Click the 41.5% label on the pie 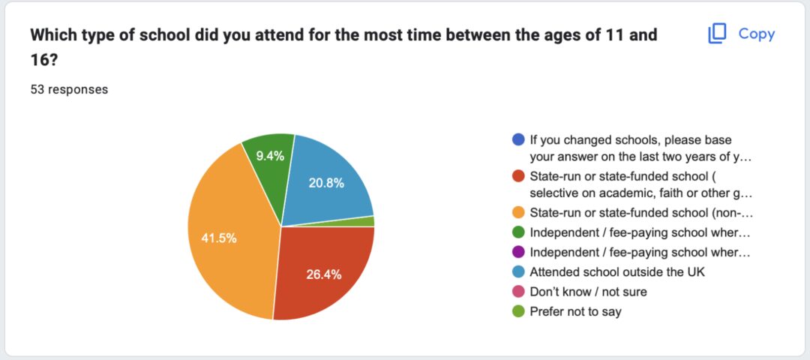point(218,238)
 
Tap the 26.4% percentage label point(323,274)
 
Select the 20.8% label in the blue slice point(326,183)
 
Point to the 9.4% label point(270,155)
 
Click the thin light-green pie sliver point(367,221)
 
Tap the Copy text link point(756,34)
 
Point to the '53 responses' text point(69,89)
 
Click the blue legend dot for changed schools point(519,140)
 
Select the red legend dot point(519,176)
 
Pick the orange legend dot point(519,212)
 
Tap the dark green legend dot point(519,232)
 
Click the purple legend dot point(519,252)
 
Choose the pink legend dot point(519,292)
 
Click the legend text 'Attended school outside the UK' point(617,272)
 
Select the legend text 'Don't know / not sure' point(589,292)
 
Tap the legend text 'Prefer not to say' point(575,312)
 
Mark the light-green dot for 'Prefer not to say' point(519,312)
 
